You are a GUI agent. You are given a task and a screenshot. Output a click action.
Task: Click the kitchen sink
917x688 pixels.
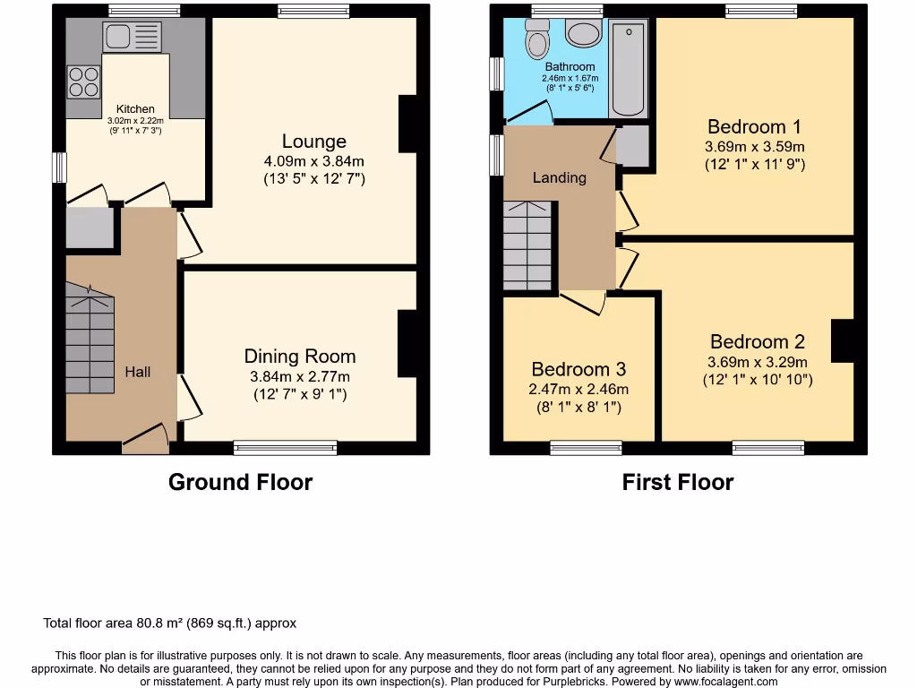[132, 37]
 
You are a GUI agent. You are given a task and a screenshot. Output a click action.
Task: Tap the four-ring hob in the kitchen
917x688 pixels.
[83, 82]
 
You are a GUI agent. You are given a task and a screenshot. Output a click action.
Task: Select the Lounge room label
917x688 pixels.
[313, 142]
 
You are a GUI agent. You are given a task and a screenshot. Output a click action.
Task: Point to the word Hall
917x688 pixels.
[137, 372]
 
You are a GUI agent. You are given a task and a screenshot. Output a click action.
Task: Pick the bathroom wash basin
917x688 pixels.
[585, 35]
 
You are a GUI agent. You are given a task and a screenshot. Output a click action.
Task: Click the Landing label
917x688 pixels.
[559, 177]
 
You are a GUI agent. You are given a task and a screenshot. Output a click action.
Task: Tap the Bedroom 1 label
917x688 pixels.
[754, 126]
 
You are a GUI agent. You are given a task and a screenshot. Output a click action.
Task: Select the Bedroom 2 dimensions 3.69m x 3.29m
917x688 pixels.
[757, 362]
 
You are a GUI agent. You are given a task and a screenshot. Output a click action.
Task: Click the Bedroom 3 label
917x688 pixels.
[578, 369]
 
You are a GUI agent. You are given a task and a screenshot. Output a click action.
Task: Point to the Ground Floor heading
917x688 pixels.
[240, 482]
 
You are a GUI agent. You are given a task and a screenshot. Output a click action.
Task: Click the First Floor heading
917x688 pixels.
[678, 482]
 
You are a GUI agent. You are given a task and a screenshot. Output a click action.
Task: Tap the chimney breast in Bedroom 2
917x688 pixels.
[842, 341]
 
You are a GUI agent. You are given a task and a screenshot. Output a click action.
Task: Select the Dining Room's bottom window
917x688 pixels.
[286, 446]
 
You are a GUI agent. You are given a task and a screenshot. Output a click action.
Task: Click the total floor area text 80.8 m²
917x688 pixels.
[169, 623]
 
